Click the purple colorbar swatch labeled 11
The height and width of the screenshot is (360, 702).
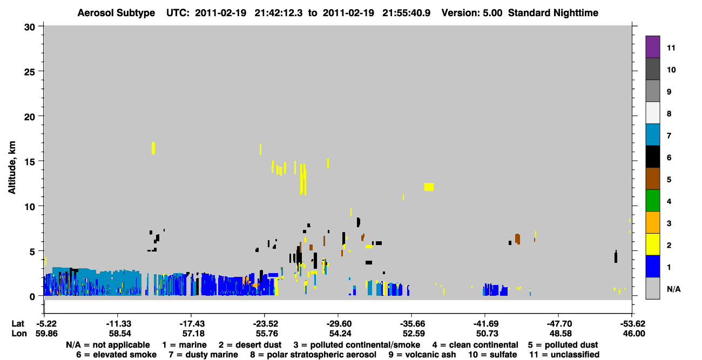click(x=652, y=46)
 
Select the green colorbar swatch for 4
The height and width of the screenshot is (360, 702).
click(x=652, y=201)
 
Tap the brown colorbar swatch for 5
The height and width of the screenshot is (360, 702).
click(x=652, y=179)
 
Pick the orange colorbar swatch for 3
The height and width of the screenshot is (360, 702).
click(x=652, y=222)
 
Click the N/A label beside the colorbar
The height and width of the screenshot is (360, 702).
click(x=673, y=289)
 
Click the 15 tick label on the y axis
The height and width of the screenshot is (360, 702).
click(x=30, y=162)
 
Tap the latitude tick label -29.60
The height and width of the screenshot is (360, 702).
click(x=338, y=324)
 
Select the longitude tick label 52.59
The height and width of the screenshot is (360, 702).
click(x=414, y=334)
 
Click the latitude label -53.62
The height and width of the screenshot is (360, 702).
click(x=631, y=324)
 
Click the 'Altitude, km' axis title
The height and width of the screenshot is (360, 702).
click(x=12, y=168)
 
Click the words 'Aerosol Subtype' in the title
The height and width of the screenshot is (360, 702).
click(x=116, y=13)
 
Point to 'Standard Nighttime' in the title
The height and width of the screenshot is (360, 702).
click(x=553, y=13)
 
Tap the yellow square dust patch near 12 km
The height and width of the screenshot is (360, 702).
click(x=429, y=187)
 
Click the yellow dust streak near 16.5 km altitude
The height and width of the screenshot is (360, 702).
click(x=153, y=148)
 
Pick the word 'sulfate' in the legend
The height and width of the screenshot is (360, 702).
click(x=504, y=355)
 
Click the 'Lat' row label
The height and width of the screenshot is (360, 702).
click(x=18, y=324)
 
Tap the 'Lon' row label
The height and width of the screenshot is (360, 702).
click(x=19, y=334)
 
